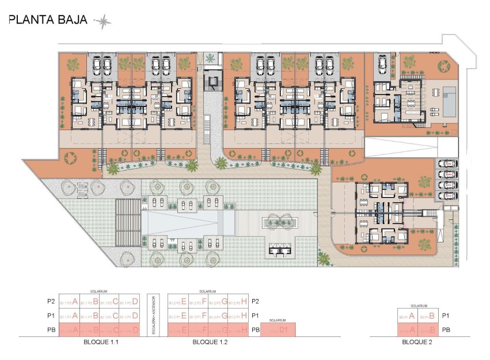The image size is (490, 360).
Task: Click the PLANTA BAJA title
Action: (48, 21)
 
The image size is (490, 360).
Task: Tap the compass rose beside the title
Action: (102, 22)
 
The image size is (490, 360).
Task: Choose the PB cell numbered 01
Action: (278, 330)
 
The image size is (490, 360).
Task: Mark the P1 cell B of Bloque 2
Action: (427, 316)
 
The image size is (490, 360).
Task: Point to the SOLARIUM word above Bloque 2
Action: (419, 306)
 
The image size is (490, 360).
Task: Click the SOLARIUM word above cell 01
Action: (278, 320)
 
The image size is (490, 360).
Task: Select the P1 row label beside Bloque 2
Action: (445, 316)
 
